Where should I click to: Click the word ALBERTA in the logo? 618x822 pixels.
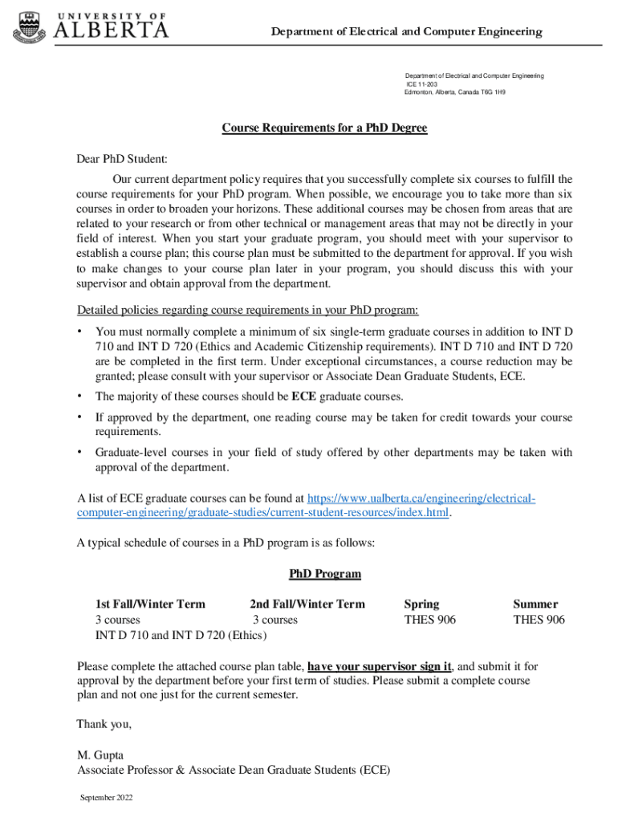coord(111,31)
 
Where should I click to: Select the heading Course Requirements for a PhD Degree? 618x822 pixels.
coord(324,128)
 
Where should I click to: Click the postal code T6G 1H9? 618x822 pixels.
coord(492,93)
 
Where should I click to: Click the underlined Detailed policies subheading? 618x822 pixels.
coord(247,311)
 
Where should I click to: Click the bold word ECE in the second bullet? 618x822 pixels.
coord(303,397)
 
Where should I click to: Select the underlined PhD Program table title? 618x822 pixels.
coord(324,574)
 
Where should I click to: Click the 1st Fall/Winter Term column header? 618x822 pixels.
coord(151,604)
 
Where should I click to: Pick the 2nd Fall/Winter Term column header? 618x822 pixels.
coord(307,604)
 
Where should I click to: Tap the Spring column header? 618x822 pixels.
coord(421,604)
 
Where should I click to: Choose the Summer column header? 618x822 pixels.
coord(535,604)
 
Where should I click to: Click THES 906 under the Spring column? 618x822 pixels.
coord(429,620)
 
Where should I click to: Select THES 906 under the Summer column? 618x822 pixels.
coord(539,620)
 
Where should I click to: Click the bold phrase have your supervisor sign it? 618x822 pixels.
coord(380,666)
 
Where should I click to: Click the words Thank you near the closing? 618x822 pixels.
coord(104,724)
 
